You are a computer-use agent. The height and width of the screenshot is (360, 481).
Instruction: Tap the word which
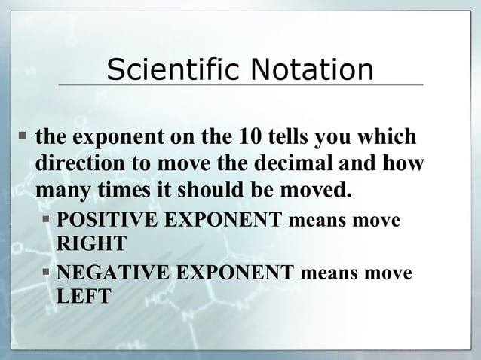[386, 138]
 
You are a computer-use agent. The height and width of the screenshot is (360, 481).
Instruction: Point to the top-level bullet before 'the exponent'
[23, 138]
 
